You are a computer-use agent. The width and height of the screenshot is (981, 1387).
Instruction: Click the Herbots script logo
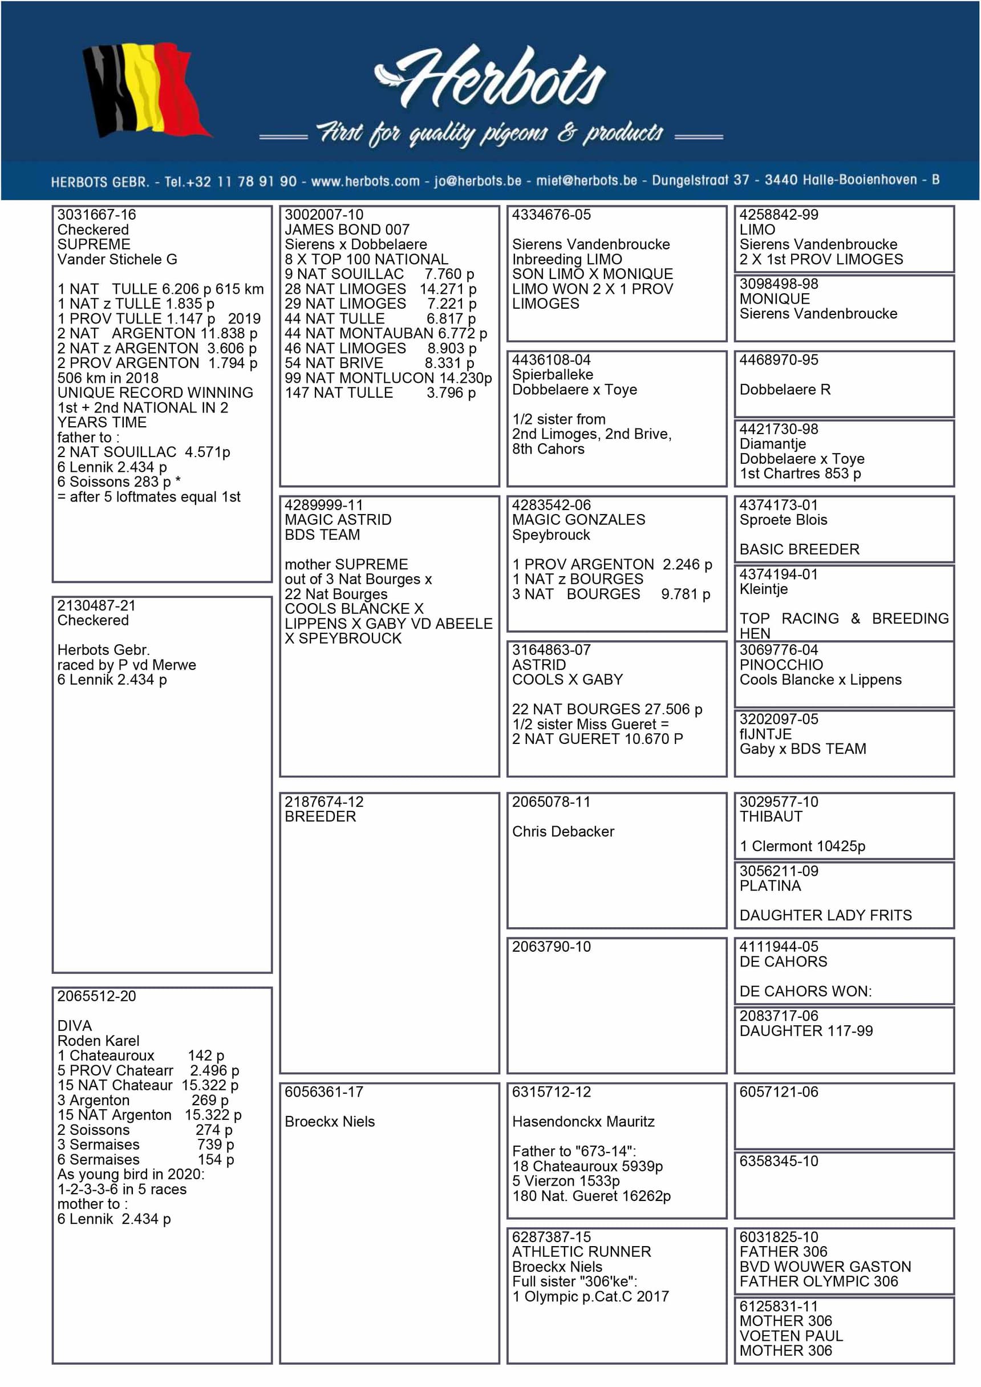pos(490,79)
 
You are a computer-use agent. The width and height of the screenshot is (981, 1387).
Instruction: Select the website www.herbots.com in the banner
pos(365,181)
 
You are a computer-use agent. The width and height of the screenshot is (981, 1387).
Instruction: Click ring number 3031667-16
pos(96,215)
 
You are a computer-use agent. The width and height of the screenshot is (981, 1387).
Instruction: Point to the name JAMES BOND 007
pos(347,229)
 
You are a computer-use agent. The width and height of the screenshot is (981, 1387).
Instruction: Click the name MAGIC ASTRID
pos(338,520)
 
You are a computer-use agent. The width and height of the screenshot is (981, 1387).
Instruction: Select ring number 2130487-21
pos(96,605)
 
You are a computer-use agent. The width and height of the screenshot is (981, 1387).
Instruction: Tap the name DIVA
pos(75,1026)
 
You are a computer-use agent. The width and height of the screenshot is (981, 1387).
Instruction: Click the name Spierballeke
pos(552,374)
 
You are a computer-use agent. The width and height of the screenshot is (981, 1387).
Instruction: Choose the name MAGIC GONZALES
pos(578,520)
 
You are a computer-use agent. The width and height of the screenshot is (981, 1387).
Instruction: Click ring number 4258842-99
pos(779,215)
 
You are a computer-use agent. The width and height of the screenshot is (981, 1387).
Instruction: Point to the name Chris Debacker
pos(563,831)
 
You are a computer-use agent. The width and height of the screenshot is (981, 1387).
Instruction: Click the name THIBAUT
pos(771,816)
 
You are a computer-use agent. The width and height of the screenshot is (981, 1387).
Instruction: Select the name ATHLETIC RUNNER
pos(581,1252)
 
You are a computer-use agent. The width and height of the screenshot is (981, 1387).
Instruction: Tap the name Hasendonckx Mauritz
pos(583,1121)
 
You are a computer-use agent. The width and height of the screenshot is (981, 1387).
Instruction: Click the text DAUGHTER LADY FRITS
pos(825,915)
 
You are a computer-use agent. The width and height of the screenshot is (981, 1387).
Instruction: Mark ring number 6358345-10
pos(779,1161)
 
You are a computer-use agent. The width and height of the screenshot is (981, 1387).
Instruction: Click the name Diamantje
pos(772,443)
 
